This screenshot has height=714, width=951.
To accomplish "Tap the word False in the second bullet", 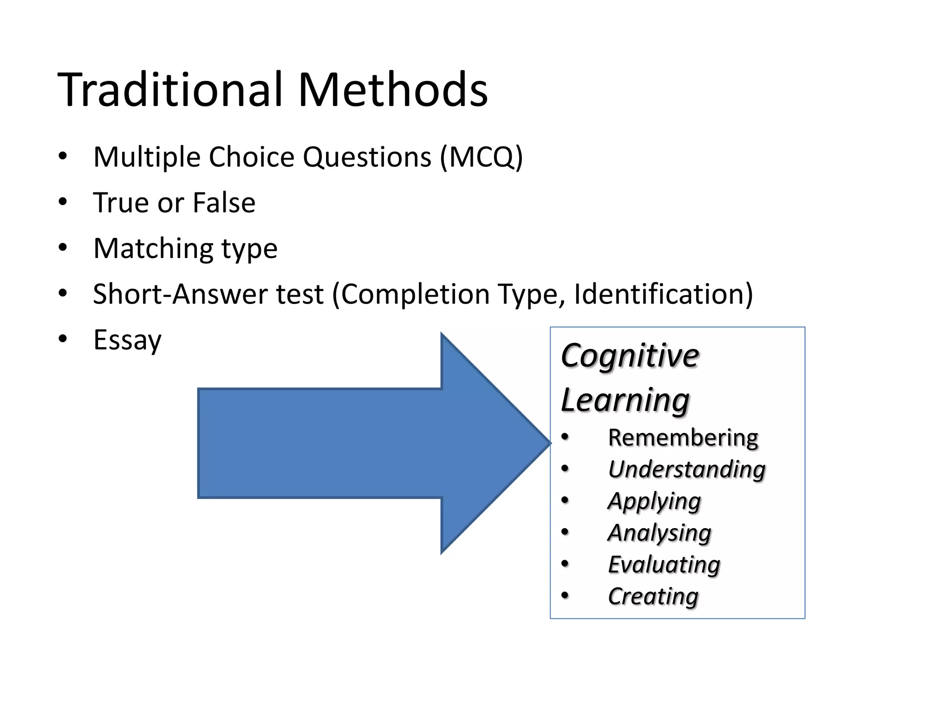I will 224,203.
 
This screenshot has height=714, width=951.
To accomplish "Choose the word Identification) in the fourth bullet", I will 663,294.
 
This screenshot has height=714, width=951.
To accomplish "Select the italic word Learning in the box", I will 625,400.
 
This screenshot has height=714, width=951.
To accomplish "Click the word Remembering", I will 683,438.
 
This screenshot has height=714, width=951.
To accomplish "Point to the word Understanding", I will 686,469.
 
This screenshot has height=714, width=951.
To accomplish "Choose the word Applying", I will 654,501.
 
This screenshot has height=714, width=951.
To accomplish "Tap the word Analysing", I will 659,533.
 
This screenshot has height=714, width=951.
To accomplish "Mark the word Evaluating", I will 664,565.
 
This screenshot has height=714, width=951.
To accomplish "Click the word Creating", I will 652,596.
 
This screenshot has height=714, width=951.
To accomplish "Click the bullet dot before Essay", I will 63,339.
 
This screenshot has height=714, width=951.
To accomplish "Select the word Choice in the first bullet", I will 251,157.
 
